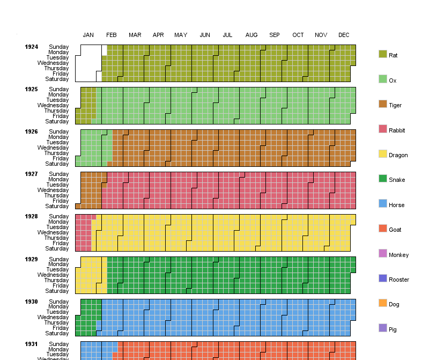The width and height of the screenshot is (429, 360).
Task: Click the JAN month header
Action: click(88, 35)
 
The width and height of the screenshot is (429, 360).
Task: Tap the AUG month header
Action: click(252, 35)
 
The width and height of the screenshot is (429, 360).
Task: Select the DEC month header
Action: click(344, 35)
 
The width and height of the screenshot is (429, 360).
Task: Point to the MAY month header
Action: click(181, 35)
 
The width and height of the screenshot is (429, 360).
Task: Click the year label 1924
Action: click(31, 47)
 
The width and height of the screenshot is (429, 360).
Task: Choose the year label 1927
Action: click(31, 174)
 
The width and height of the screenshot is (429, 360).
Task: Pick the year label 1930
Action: click(31, 302)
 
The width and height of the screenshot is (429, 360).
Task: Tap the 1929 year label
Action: click(31, 260)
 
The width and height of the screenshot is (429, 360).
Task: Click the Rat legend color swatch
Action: click(383, 54)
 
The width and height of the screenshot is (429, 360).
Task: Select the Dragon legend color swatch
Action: click(383, 153)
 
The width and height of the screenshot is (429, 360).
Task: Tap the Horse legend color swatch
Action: click(383, 203)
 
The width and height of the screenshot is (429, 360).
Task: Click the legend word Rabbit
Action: click(397, 130)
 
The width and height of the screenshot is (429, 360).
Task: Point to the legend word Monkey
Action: click(398, 255)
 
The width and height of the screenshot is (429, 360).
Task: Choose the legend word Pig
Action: click(393, 329)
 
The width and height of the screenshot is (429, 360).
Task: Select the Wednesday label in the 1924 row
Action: click(53, 63)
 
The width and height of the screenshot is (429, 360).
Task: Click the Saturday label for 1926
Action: click(57, 164)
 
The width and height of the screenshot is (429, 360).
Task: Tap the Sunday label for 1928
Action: click(58, 217)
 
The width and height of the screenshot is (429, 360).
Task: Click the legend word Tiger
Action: click(395, 105)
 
